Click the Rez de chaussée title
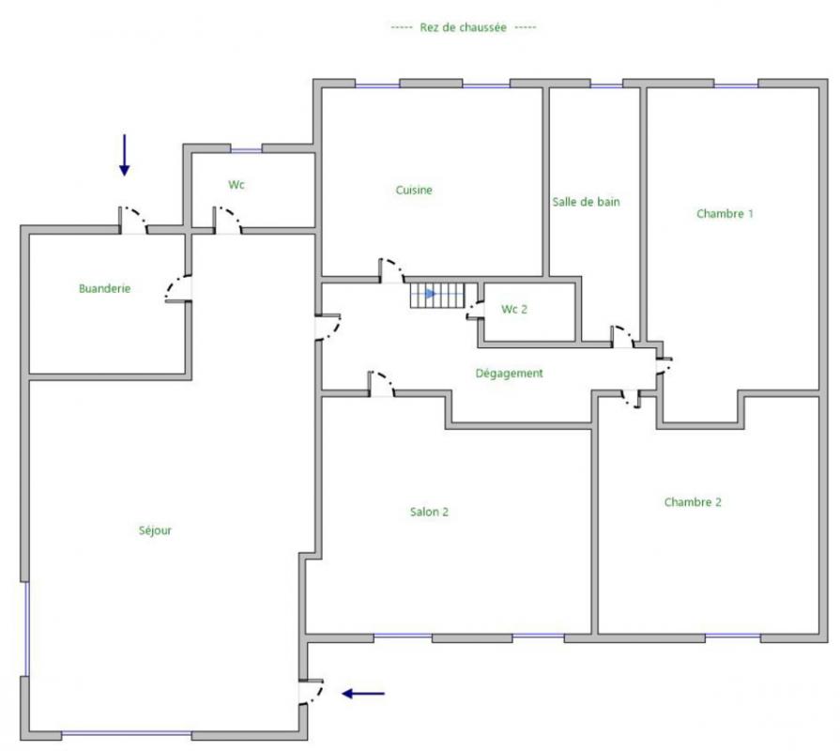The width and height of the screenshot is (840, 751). tap(463, 27)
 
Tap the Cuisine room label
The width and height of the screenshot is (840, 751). tap(414, 190)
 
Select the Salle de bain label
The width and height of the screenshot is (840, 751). tap(586, 202)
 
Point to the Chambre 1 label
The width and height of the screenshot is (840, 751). tap(725, 213)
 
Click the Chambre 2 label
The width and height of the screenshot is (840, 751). tap(693, 502)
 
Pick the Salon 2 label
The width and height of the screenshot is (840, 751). tap(429, 512)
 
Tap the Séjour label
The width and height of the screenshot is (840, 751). tap(155, 530)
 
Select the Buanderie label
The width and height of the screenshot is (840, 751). tap(104, 288)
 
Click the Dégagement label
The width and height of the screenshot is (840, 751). tap(509, 373)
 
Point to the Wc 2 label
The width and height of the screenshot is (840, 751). tap(514, 309)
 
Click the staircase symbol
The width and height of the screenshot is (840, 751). tap(437, 295)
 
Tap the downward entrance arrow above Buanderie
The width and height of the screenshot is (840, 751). tap(124, 155)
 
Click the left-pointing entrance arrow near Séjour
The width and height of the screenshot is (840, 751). tap(363, 693)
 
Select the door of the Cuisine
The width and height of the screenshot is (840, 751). tap(391, 271)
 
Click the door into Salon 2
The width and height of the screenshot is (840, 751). tap(381, 384)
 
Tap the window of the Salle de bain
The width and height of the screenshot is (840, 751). tap(606, 84)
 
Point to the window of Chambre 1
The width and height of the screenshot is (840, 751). tap(736, 84)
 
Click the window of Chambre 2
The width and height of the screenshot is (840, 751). tap(732, 636)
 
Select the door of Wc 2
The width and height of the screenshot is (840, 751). tap(475, 310)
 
